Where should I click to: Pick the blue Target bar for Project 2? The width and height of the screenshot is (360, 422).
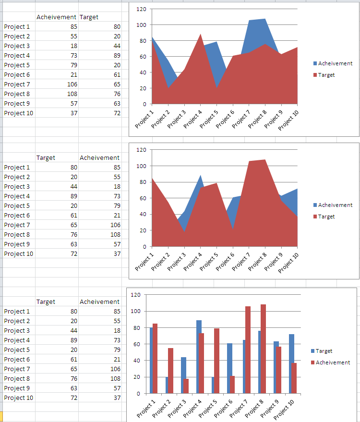click(168, 385)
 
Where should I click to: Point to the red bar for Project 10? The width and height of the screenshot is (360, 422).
click(294, 378)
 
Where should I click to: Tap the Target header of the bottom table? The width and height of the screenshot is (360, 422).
click(46, 301)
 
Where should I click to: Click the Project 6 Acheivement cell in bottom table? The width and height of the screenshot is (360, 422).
click(100, 359)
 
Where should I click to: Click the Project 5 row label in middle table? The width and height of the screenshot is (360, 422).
click(17, 205)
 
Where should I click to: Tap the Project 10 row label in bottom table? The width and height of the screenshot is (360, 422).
click(19, 398)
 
